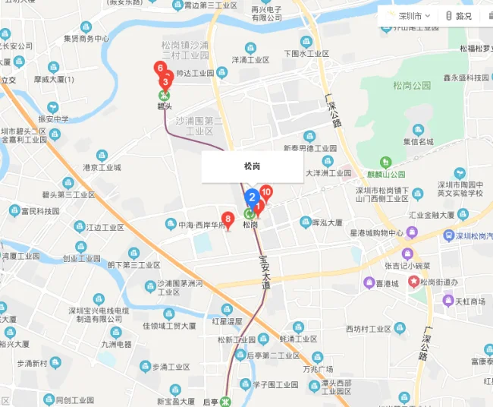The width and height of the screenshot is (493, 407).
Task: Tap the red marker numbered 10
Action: tap(266, 193)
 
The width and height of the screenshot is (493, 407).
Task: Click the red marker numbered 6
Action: tap(160, 68)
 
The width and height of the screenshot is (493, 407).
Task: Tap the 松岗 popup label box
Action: tap(252, 166)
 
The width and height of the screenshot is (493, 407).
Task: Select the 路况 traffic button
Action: tap(459, 15)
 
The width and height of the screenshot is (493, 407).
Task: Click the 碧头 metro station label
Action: tap(165, 107)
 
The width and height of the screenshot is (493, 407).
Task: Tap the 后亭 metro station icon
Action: tap(224, 401)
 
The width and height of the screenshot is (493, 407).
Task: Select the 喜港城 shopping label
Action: tap(387, 283)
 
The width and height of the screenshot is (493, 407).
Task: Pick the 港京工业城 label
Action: tap(102, 167)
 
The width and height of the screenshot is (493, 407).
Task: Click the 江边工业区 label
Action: tap(105, 227)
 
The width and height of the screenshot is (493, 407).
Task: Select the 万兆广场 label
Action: tap(317, 369)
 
